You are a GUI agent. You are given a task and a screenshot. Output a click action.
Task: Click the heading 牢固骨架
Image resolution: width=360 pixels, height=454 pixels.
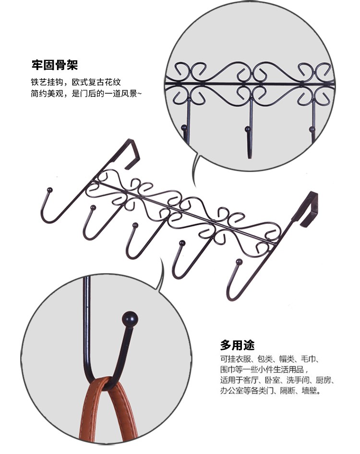coord(55,65)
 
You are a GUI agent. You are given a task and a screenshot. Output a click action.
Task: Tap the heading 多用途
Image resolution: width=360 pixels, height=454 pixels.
coord(238,345)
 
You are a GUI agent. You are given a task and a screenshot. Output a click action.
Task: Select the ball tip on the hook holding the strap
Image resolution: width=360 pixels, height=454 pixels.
coord(130,319)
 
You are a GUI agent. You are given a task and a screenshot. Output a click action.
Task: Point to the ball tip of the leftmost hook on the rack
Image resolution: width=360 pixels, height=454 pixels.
coord(50,190)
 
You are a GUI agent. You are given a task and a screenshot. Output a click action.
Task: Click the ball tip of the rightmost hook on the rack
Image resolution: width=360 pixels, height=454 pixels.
coord(239,262)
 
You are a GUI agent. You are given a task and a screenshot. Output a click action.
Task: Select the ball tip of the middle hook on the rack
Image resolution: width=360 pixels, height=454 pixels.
coord(135,225)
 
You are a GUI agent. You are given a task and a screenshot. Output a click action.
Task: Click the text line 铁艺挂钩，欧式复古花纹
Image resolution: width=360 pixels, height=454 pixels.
coord(76,82)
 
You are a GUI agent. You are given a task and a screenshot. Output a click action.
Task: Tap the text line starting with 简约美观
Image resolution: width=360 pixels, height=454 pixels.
coord(86,94)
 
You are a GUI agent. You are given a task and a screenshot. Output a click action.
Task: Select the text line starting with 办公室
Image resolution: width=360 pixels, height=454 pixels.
coord(271,391)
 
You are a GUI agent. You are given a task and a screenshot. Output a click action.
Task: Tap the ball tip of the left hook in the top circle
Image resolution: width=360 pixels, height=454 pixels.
coord(183,127)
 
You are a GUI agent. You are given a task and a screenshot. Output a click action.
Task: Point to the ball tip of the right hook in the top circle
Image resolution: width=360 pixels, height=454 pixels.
coord(312,129)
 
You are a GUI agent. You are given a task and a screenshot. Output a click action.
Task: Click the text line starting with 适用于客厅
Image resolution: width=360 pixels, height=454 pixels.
coord(277,380)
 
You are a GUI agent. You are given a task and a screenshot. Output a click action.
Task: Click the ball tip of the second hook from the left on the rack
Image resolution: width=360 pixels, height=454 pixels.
coord(93,207)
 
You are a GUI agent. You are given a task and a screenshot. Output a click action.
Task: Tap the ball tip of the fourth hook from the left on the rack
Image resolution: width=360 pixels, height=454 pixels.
coord(182,243)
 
